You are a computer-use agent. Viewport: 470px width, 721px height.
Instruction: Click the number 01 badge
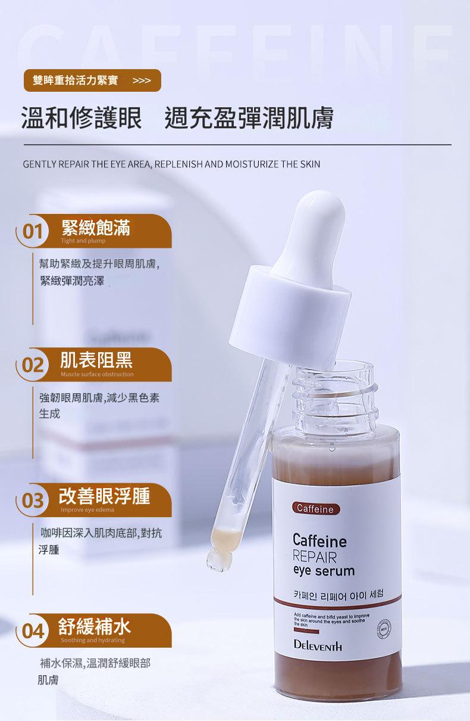pos(32,232)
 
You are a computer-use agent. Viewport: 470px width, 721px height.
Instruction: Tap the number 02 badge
pos(32,365)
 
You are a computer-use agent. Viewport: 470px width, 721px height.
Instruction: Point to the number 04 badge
pos(32,631)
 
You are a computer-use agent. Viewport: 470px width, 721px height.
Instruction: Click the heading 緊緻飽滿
pos(96,227)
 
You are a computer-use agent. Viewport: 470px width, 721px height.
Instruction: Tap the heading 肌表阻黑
pos(96,360)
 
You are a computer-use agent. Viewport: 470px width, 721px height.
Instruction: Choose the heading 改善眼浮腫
pos(104,496)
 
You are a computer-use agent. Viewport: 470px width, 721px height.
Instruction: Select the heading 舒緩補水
pos(95,626)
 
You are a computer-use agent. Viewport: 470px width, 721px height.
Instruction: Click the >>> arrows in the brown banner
pos(142,80)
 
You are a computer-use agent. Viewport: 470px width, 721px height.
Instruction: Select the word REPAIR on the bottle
pos(315,557)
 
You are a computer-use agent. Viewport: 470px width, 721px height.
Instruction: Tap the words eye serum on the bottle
pos(324,571)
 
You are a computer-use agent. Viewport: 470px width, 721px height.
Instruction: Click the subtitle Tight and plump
pos(83,241)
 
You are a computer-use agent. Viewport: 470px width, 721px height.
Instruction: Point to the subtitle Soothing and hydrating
pos(92,640)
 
